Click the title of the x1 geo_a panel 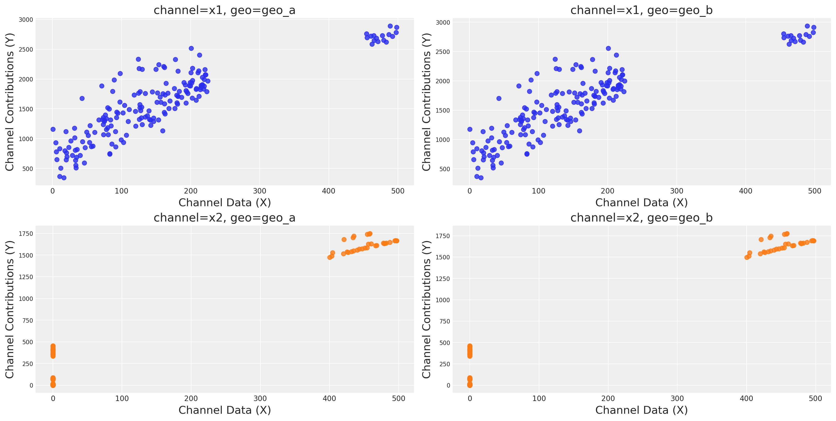(224, 10)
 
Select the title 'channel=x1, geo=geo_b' (641, 10)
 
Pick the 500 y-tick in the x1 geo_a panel (27, 169)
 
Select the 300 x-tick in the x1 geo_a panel (260, 191)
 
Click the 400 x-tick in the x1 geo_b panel (745, 191)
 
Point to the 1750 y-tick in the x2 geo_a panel (26, 234)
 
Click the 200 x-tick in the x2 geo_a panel (191, 399)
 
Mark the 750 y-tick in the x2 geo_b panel (444, 321)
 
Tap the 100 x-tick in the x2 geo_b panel (539, 399)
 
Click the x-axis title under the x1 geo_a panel (224, 203)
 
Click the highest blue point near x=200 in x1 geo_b (608, 48)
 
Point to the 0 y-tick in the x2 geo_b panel (448, 386)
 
